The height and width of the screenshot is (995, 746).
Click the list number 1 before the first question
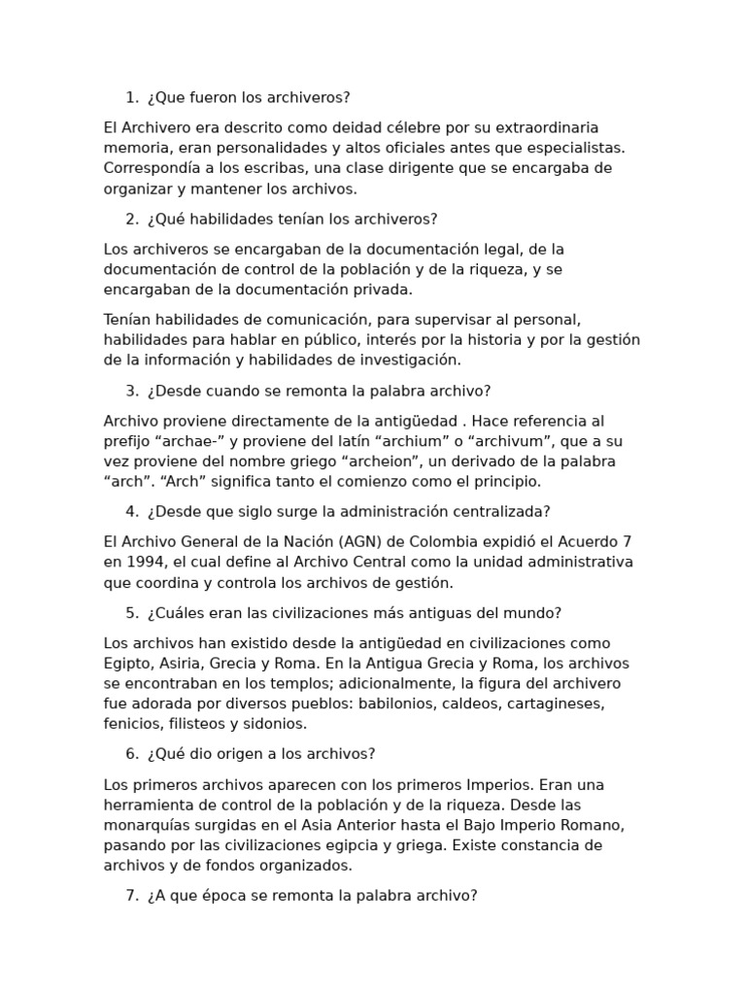tap(130, 97)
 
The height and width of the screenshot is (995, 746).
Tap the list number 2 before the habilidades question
tap(130, 219)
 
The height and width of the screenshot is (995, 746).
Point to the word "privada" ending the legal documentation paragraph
tap(386, 289)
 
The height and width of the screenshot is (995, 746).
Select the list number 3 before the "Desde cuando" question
tap(130, 391)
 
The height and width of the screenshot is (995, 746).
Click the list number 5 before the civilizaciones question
tap(130, 612)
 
